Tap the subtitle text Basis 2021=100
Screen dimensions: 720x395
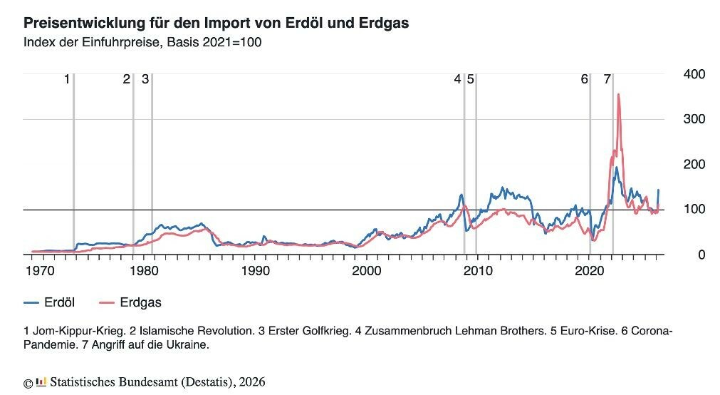[214, 42]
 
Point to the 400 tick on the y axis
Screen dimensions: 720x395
[694, 74]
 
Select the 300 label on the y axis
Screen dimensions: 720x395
[694, 118]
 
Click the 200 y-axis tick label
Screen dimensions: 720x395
[694, 164]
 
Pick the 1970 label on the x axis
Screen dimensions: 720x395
[40, 270]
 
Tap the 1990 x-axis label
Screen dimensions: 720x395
[256, 270]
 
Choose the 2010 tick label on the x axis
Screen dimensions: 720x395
[478, 270]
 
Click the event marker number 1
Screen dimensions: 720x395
[66, 79]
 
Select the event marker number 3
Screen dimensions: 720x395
[145, 79]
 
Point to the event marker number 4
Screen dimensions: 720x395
[457, 79]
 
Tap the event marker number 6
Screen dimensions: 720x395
[584, 79]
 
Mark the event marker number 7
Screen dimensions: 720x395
[607, 79]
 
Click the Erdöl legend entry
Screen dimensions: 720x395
[49, 302]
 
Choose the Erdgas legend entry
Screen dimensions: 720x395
[130, 302]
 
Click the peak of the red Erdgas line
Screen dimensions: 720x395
[619, 95]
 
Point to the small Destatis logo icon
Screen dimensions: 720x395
[41, 381]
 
